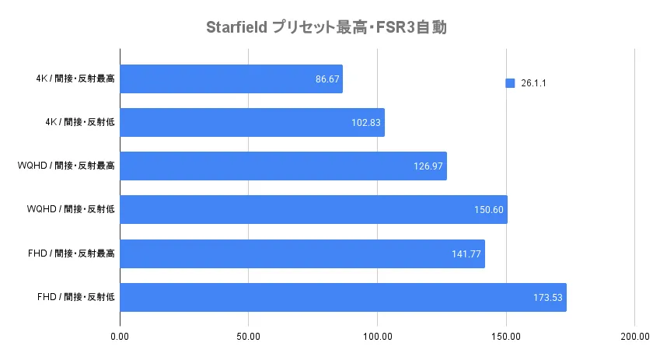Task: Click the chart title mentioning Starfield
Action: point(326,28)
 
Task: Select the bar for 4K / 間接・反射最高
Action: point(231,79)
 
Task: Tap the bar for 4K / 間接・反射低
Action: point(252,123)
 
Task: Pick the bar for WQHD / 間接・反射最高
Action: point(283,166)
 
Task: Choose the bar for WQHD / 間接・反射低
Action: point(313,210)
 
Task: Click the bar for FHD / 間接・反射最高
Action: point(302,253)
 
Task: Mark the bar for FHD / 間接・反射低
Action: point(343,297)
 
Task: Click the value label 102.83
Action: point(365,123)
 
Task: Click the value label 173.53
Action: point(547,297)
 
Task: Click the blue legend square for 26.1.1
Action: point(510,83)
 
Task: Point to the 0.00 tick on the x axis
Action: point(120,336)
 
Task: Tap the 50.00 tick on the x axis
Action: point(248,336)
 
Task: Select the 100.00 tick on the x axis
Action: point(377,336)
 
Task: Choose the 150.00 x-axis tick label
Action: point(506,336)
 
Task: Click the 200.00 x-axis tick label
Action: point(634,336)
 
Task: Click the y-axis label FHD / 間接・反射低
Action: point(76,297)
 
